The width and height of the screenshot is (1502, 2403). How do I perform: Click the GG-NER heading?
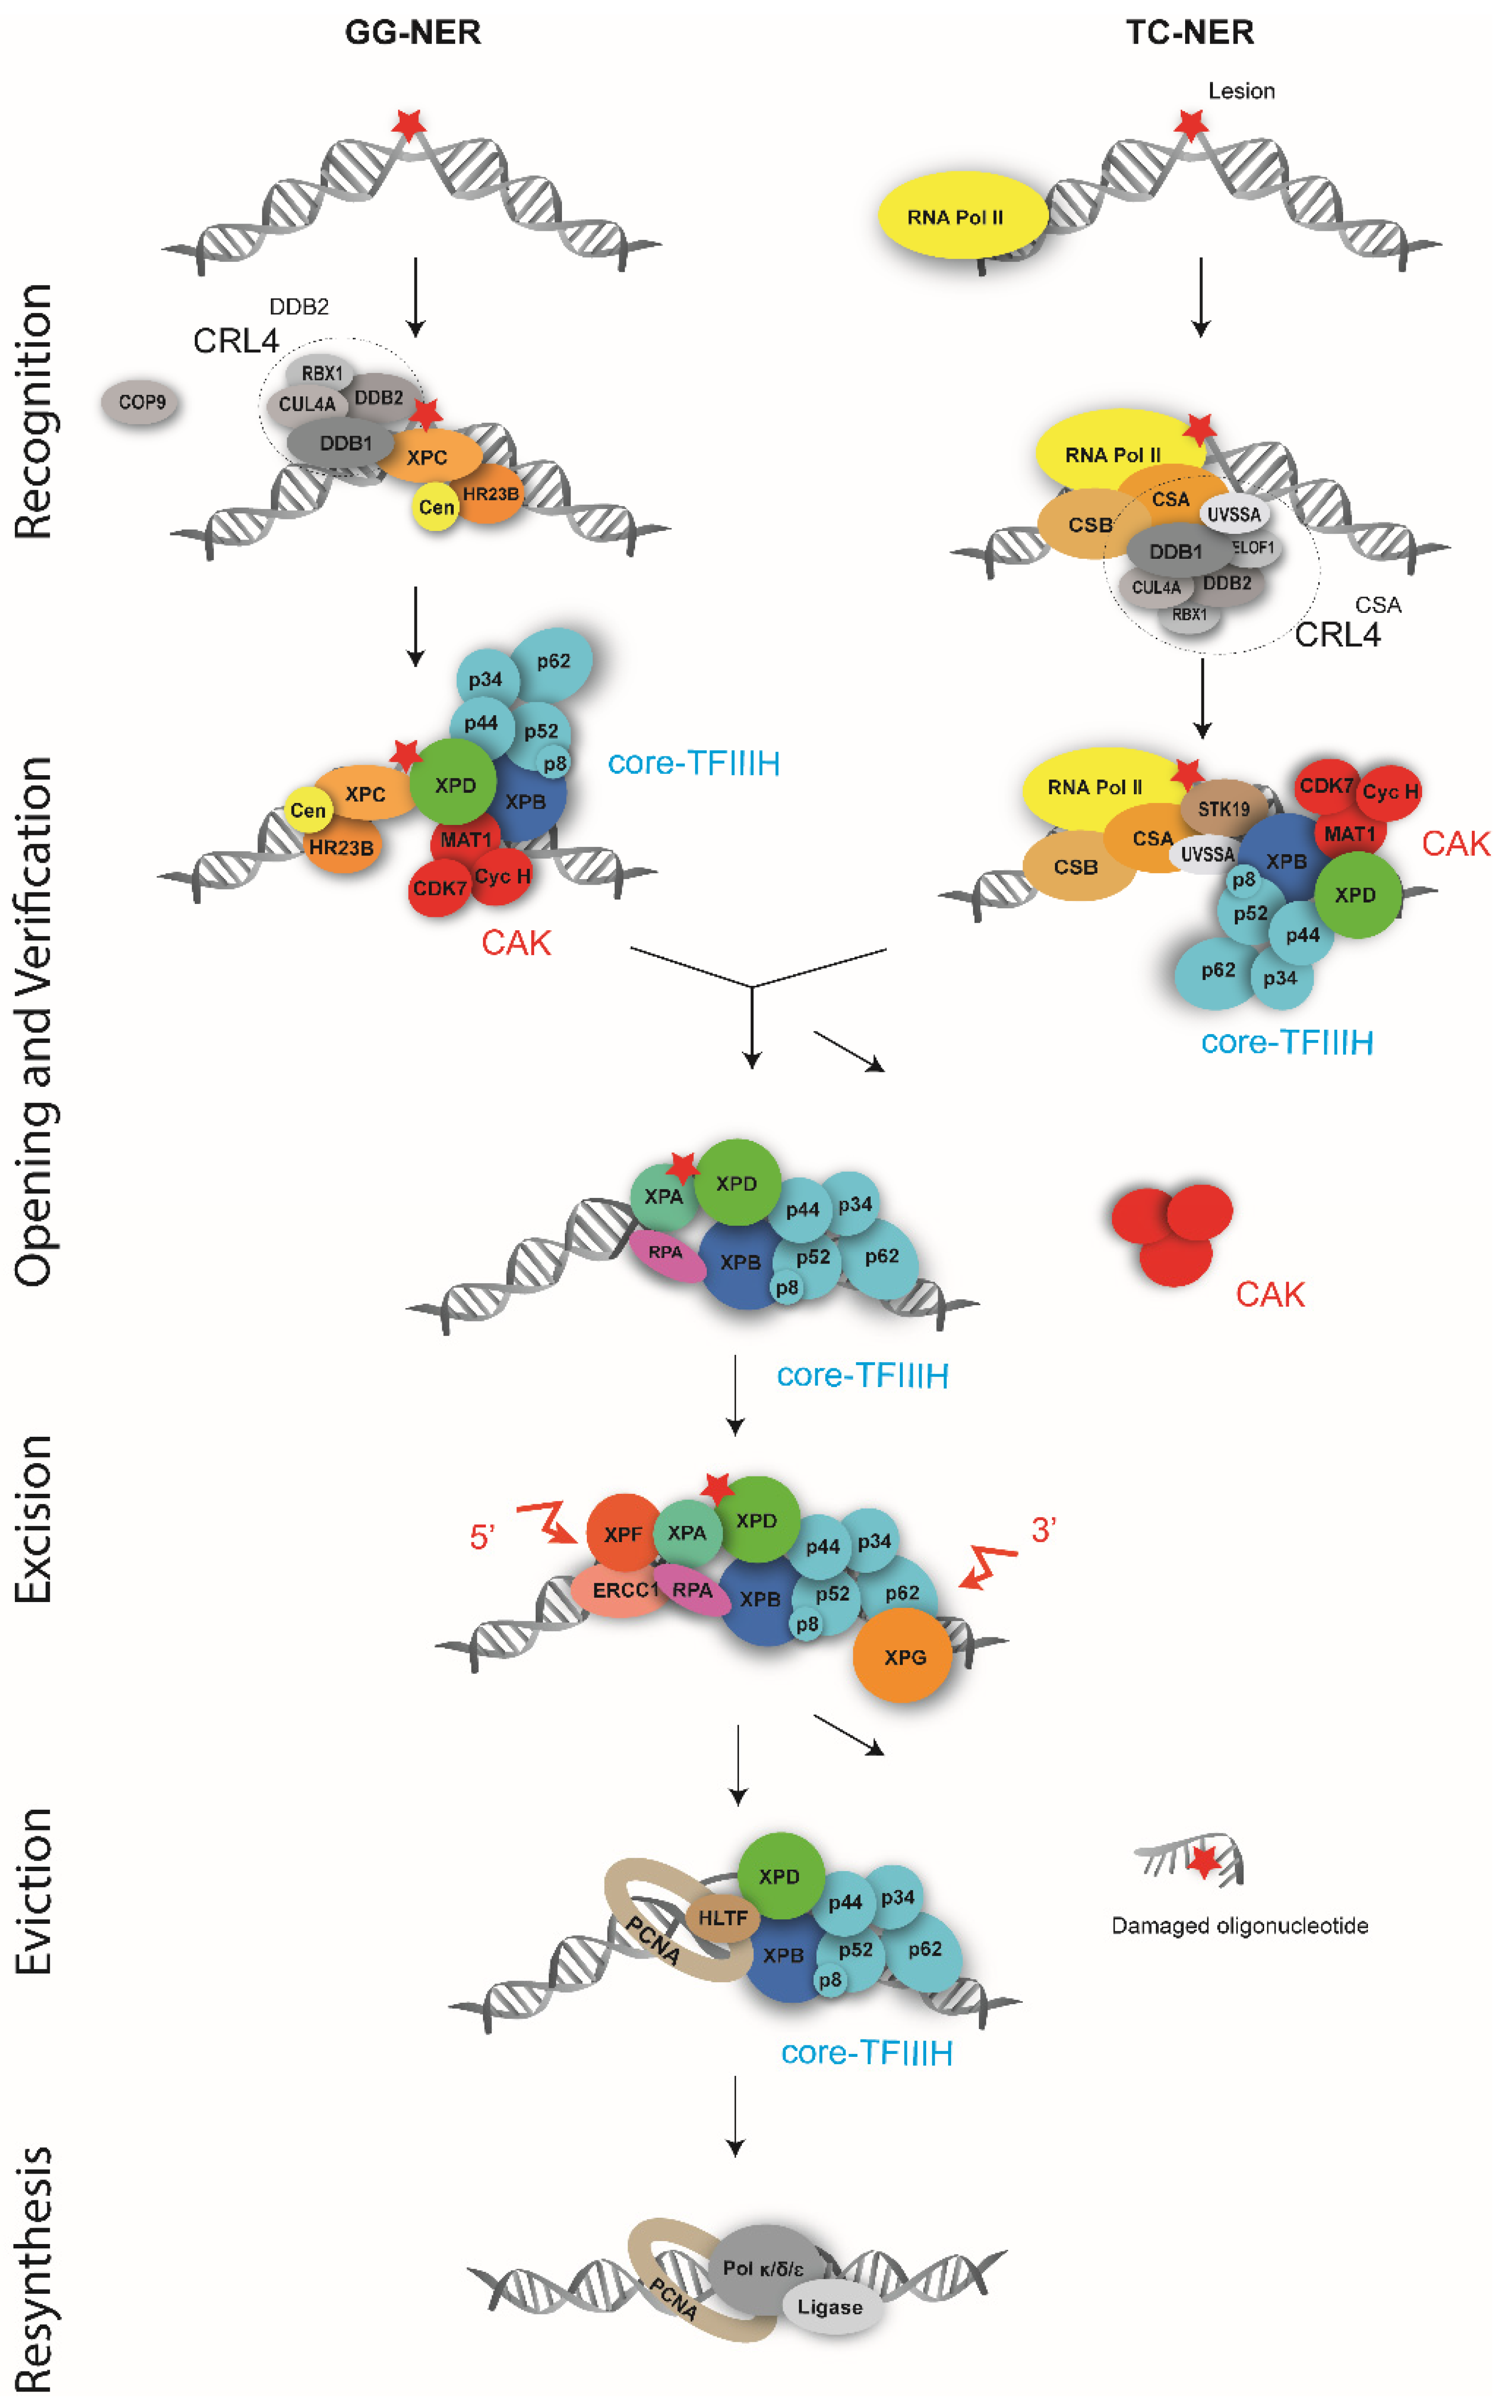coord(412,33)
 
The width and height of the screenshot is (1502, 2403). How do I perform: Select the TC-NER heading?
coord(1189,33)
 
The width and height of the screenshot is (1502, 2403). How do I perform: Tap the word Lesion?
coord(1241,91)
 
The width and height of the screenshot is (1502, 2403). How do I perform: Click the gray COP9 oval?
coord(141,402)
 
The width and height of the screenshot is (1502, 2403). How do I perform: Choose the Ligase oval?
coord(830,2307)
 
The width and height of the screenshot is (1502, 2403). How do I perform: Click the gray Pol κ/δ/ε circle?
coord(763,2268)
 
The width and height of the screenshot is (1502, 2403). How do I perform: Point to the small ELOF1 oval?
coord(1254,547)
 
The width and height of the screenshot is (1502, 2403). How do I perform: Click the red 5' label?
coord(482,1537)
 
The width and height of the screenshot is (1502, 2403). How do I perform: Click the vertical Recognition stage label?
coord(33,412)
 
